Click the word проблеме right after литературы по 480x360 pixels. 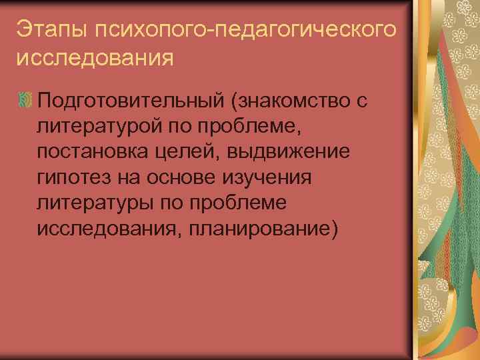[x=252, y=203]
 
